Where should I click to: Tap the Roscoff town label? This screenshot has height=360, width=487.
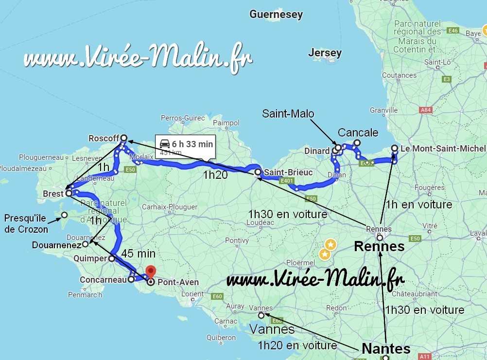[104, 138]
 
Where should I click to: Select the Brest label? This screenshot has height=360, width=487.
[53, 194]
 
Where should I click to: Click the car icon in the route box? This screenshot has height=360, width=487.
[165, 144]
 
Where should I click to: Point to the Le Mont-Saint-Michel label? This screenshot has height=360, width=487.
[443, 149]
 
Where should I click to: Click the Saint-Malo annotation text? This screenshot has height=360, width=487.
[288, 114]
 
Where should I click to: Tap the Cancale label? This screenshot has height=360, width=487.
[358, 133]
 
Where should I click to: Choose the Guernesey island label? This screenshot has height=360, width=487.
[276, 15]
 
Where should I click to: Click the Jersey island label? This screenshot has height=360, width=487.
[325, 52]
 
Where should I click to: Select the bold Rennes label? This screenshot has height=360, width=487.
[379, 246]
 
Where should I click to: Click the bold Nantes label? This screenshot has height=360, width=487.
[386, 348]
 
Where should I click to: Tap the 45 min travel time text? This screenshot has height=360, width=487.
[139, 254]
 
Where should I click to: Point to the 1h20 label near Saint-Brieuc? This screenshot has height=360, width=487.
[214, 175]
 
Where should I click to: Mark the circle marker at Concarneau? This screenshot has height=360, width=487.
[131, 279]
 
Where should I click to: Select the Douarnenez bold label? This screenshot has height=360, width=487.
[56, 245]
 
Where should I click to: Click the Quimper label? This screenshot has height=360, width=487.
[89, 259]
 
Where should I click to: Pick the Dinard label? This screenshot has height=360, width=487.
[317, 151]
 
